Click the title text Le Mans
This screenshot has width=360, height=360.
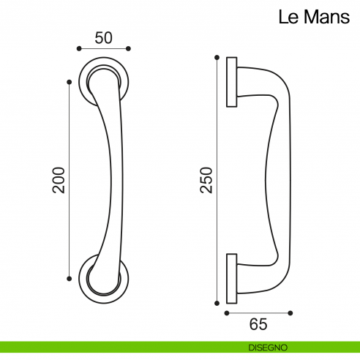pyautogui.click(x=314, y=17)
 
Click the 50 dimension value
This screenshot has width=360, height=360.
pyautogui.click(x=103, y=37)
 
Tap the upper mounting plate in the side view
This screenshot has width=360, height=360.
pyautogui.click(x=232, y=82)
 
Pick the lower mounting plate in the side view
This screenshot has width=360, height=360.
pyautogui.click(x=232, y=278)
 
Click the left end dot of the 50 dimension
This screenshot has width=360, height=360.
pyautogui.click(x=78, y=48)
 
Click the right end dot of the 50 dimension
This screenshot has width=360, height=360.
pyautogui.click(x=129, y=48)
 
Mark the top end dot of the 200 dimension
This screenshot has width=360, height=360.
pyautogui.click(x=70, y=82)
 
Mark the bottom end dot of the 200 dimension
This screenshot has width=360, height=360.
pyautogui.click(x=70, y=278)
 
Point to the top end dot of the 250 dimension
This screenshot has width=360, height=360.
pyautogui.click(x=217, y=57)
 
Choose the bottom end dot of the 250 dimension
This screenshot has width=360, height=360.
pyautogui.click(x=217, y=302)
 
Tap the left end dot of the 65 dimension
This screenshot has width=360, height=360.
pyautogui.click(x=226, y=313)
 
